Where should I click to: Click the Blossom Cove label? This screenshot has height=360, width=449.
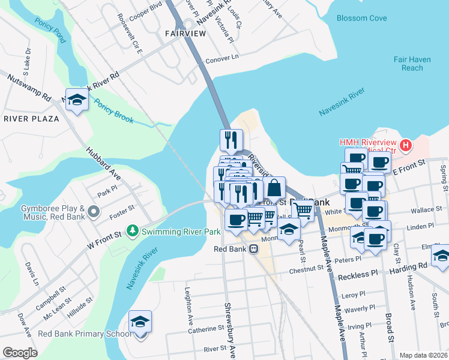click(x=361, y=19)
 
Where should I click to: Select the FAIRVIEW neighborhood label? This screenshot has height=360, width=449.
click(x=185, y=35)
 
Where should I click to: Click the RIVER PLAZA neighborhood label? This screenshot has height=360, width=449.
click(x=31, y=119)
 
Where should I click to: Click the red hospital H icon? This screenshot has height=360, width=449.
click(x=406, y=145)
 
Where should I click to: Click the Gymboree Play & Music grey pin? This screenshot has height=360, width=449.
click(x=93, y=211)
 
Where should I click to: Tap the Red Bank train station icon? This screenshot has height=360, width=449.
click(x=254, y=248)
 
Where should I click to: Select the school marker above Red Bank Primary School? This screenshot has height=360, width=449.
click(x=140, y=322)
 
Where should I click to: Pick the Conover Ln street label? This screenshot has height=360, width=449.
click(x=222, y=58)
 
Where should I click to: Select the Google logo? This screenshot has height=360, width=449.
click(x=20, y=353)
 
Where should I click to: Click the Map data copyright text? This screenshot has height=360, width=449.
click(x=423, y=355)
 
